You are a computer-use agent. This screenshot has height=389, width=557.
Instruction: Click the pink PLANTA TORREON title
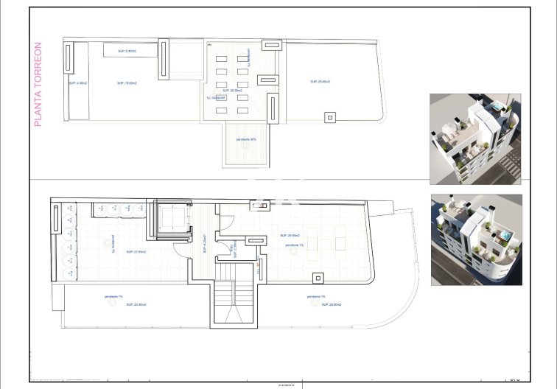click(x=38, y=84)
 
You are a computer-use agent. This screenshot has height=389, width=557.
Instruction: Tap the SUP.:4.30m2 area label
click(x=77, y=83)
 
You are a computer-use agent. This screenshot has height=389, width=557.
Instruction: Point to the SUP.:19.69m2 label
click(x=127, y=83)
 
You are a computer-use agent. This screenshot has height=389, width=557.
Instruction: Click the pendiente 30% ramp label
click(x=246, y=139)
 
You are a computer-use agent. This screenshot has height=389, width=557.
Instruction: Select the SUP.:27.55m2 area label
click(x=136, y=252)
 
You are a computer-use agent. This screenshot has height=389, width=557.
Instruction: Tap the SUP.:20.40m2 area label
click(x=136, y=304)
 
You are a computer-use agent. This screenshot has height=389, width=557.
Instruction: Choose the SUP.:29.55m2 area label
click(x=290, y=236)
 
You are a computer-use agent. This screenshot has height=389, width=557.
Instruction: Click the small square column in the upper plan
click(x=330, y=117)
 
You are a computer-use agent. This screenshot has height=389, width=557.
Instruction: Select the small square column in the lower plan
click(x=318, y=278)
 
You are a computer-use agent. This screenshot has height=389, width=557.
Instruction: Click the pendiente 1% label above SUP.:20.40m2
click(x=113, y=298)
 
